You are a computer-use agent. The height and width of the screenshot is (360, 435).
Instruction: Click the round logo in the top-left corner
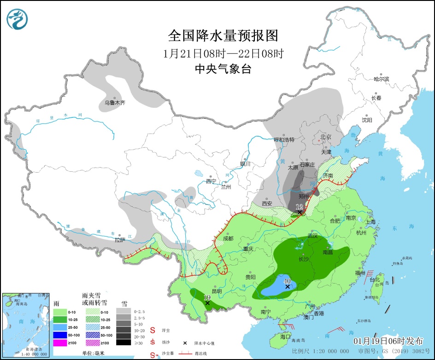pos(18,18)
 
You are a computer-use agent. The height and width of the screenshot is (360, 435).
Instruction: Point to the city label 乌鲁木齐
pos(114,103)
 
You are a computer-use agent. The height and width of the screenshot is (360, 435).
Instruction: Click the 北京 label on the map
pos(326,137)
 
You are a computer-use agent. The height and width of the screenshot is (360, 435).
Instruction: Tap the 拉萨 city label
pos(120,240)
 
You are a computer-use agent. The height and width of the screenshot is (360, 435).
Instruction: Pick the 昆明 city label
pos(217,291)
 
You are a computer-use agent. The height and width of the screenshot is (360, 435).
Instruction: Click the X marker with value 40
pos(288,286)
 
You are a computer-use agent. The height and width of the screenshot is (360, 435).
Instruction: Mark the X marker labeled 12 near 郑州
pos(300,212)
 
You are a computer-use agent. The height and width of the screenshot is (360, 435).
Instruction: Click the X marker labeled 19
pos(207,303)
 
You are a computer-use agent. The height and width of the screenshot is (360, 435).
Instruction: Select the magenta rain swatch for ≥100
pos(60,343)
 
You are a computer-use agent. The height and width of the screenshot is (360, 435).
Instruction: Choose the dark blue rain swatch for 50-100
pos(60,334)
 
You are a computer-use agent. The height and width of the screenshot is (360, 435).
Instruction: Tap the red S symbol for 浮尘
pos(153,330)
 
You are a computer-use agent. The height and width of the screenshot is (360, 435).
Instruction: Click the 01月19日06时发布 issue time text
pos(388,341)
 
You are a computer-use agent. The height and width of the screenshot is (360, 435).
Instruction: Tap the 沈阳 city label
pos(367,120)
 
